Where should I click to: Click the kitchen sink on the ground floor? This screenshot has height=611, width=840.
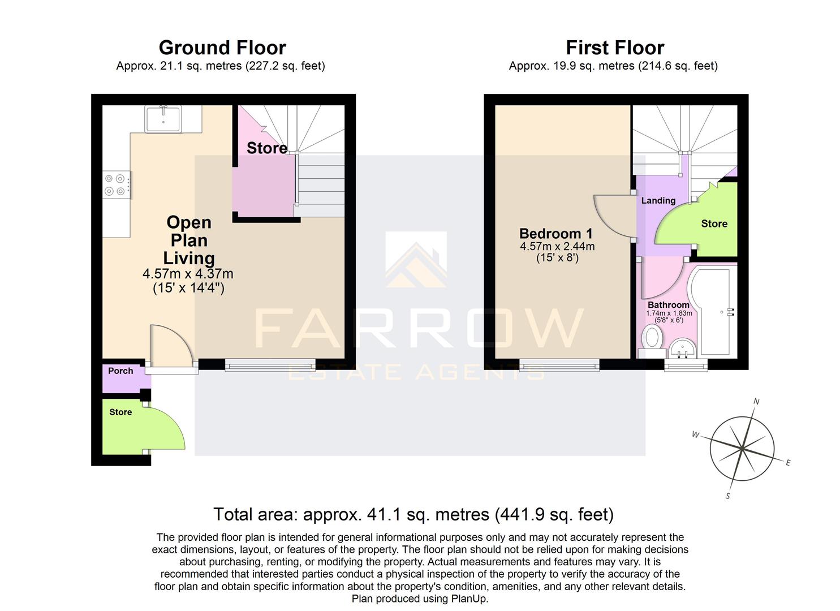pos(163,119)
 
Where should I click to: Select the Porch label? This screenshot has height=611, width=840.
pos(120,371)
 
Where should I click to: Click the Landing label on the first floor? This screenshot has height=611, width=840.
pos(658,201)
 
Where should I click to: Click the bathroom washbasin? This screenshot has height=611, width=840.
pos(683,348)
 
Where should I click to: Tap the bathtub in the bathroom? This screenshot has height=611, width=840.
pos(712,311)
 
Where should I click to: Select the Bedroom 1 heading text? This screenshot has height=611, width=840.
pos(556,234)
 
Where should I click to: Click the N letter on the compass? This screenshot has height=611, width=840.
pos(756,402)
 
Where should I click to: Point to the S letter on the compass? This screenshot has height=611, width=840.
pos(728,496)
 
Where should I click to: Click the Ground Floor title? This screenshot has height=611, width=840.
pos(222,48)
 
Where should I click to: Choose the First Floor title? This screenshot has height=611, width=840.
pos(615,48)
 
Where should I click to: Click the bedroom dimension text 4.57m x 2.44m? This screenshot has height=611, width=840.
pos(557,247)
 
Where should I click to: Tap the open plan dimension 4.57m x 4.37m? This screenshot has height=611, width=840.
pos(188,274)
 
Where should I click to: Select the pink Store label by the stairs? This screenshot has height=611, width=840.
pos(266,148)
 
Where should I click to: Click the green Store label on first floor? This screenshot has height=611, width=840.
pos(714,224)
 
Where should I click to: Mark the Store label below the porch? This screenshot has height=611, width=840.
pos(120,412)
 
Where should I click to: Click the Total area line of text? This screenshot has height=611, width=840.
pos(413,515)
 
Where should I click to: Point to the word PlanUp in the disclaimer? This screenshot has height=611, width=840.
pos(468,599)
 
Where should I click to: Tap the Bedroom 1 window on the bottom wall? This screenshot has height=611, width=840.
pos(559,366)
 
